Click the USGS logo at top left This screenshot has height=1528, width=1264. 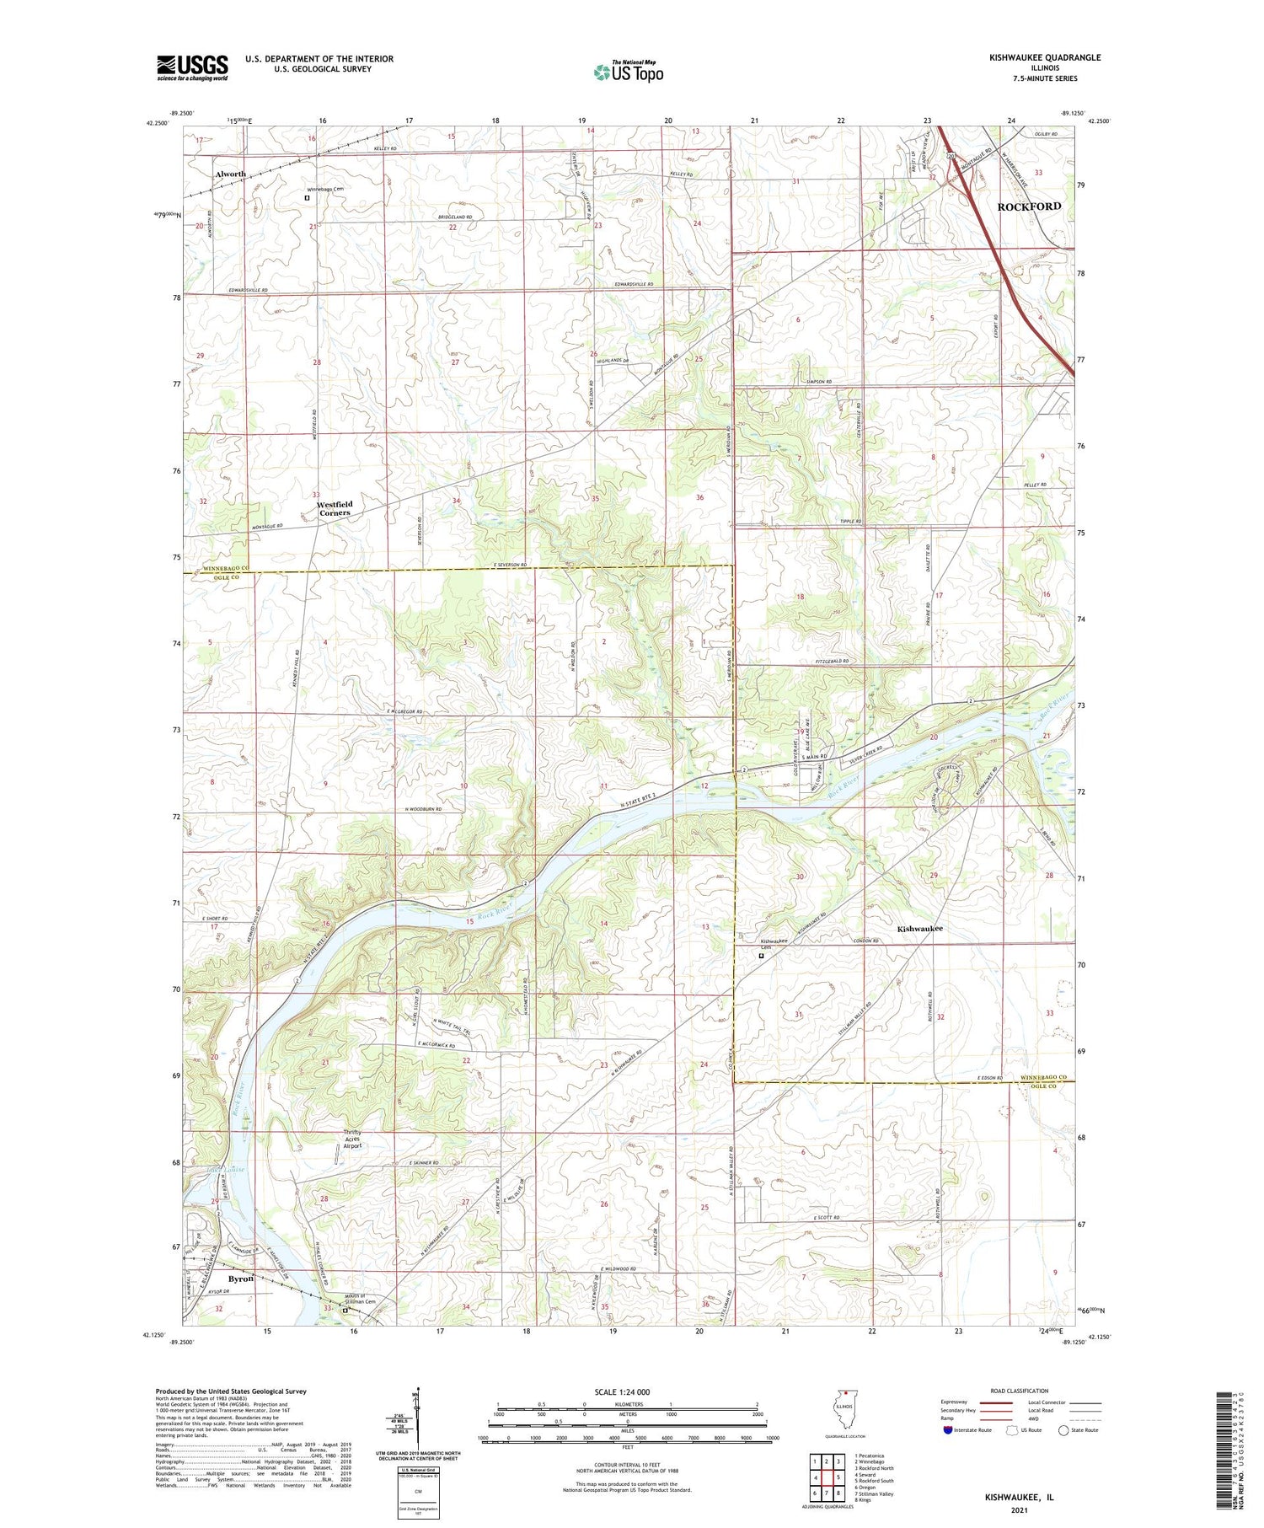[192, 67]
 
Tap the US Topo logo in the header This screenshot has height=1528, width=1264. [629, 72]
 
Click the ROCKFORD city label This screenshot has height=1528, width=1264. [1029, 206]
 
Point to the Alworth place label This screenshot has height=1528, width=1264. [230, 174]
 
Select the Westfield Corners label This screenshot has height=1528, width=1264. [334, 508]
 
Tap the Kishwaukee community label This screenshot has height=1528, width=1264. [919, 929]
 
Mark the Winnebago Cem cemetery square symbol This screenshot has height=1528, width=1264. [307, 199]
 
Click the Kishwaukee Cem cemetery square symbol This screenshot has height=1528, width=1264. [761, 956]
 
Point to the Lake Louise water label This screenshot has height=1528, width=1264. [224, 1170]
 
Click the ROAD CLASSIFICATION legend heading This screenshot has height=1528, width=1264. [1020, 1391]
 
